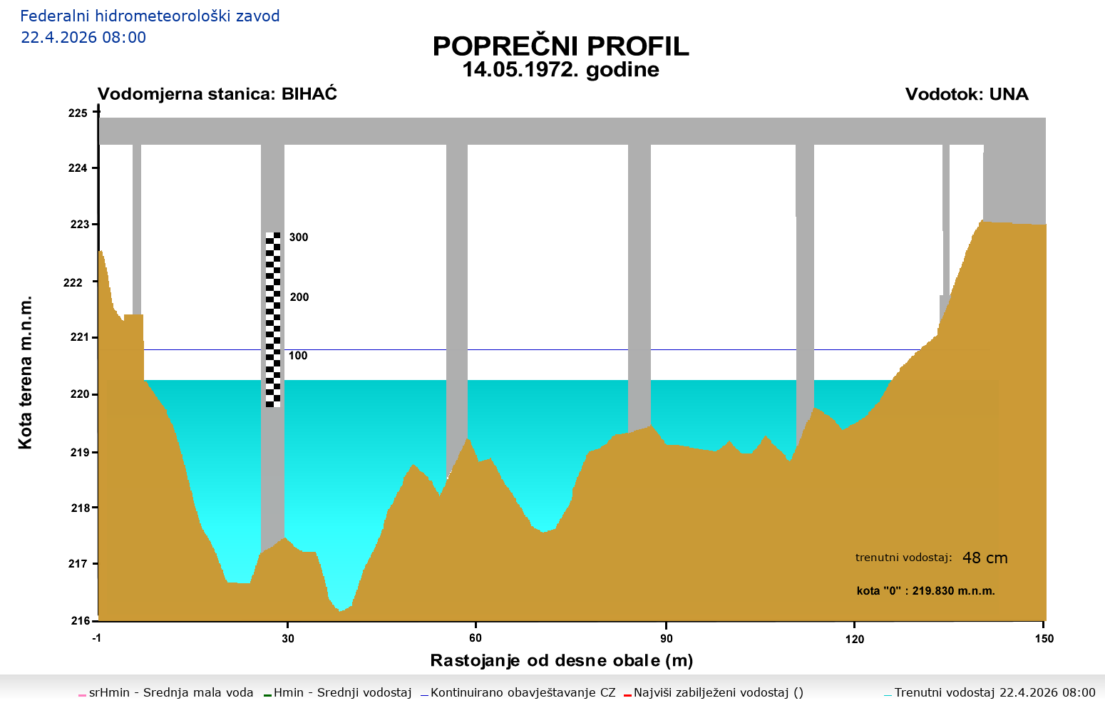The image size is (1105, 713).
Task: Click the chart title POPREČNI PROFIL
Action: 560,46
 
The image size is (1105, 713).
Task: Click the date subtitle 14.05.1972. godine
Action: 560,70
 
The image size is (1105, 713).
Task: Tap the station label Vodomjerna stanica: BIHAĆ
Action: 217,94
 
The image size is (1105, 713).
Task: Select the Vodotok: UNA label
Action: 966,94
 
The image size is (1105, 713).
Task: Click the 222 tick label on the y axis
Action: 73,282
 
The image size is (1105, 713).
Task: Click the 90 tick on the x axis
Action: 666,638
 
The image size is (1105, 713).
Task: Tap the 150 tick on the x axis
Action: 1044,638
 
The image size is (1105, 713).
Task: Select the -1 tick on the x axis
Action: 97,638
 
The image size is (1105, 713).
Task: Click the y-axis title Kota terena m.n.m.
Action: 26,373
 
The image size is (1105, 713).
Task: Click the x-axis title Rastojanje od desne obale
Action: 561,660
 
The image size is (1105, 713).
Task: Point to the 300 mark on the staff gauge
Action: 299,237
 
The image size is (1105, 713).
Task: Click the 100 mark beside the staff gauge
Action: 298,356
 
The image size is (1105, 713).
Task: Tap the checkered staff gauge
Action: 273,319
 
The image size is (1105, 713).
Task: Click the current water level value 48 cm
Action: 985,558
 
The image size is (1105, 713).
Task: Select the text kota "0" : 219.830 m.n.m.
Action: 925,591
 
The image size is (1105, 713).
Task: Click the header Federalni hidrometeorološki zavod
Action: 150,16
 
